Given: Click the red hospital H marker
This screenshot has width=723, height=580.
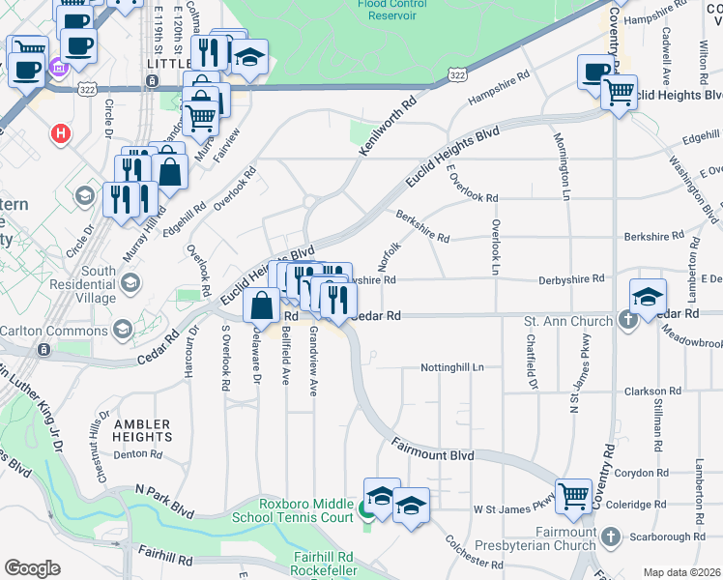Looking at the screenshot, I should point(62,132).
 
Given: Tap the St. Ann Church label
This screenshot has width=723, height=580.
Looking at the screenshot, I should point(567,321).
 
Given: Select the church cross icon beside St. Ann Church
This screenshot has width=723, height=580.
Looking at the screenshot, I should point(627,321).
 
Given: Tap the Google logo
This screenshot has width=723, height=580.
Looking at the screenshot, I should point(32,568).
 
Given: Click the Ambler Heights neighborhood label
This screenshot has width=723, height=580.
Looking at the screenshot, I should point(142,431).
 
